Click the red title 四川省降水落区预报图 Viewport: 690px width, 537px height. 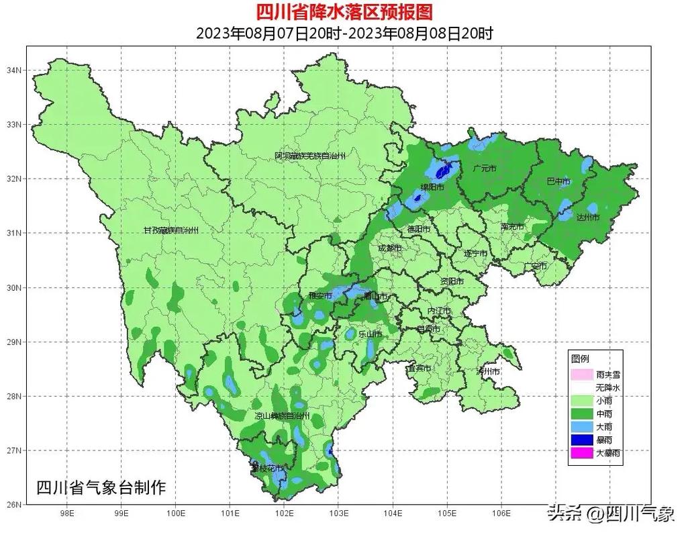[344, 11]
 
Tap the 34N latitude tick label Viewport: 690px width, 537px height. [14, 70]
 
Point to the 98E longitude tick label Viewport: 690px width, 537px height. [66, 515]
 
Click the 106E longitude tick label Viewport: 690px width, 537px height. [501, 515]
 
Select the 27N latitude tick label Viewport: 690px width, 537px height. [14, 450]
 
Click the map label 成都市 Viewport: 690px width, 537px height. [389, 248]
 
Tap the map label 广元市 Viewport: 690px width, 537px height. [484, 168]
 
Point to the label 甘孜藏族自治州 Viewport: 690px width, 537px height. [171, 230]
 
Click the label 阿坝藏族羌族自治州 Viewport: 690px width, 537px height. [310, 156]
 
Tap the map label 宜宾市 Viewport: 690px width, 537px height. [419, 368]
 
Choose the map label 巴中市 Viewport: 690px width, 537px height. [558, 181]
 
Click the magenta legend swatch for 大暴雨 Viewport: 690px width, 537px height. [581, 453]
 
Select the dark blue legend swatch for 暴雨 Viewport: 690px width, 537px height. [581, 440]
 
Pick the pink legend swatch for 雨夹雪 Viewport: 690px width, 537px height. [581, 375]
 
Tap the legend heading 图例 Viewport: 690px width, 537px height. [579, 359]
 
